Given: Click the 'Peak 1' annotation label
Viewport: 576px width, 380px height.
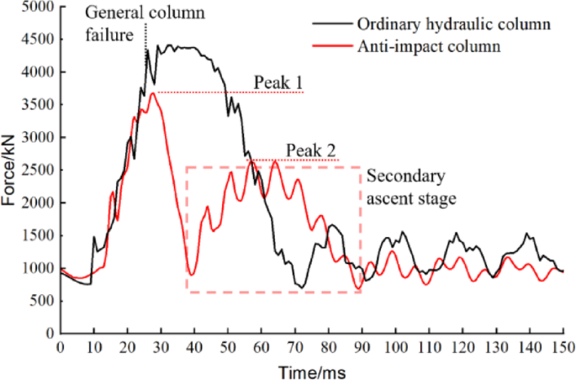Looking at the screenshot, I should (x=279, y=84).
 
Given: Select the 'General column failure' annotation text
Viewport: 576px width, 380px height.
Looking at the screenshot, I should (x=135, y=25).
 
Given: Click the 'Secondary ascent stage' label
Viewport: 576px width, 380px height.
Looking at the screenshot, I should (x=410, y=188).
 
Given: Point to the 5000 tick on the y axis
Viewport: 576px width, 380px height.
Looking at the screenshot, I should (x=37, y=8).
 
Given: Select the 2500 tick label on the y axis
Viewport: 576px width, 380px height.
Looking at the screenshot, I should (x=37, y=171).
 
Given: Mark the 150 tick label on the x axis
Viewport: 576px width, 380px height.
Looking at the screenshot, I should (x=563, y=346).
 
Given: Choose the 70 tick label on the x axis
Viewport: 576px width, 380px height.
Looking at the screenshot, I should (x=294, y=346).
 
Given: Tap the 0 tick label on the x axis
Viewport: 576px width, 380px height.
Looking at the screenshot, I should (x=60, y=346).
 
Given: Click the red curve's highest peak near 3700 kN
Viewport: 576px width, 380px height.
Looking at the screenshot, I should (x=152, y=93).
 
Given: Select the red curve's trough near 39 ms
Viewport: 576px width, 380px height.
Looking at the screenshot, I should (x=192, y=275).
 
